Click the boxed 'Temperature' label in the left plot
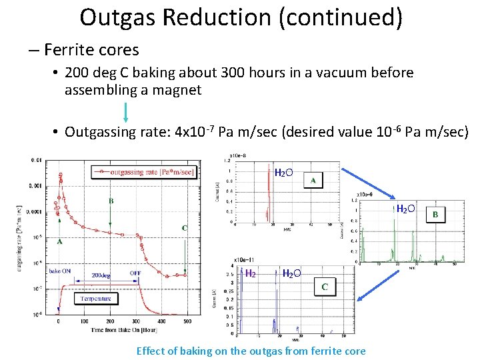click(x=96, y=299)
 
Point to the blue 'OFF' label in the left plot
click(x=135, y=272)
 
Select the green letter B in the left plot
click(x=111, y=200)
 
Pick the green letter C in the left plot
click(x=185, y=228)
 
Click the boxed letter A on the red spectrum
click(x=313, y=181)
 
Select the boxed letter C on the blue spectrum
click(x=325, y=287)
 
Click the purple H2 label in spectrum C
click(x=251, y=273)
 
